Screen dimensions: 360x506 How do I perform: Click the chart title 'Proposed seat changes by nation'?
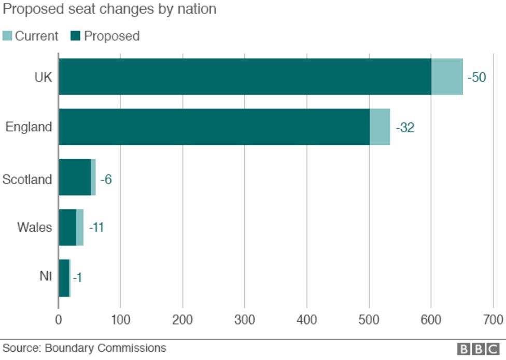tap(109, 9)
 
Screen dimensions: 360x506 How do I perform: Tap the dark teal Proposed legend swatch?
tap(76, 36)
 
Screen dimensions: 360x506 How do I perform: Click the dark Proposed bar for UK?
tap(245, 76)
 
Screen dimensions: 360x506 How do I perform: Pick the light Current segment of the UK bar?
tap(447, 76)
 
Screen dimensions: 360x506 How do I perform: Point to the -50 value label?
tap(476, 78)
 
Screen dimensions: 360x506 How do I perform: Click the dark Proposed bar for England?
tap(214, 127)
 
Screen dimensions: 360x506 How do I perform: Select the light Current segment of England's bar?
tap(379, 127)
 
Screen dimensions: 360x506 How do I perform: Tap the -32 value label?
tap(405, 128)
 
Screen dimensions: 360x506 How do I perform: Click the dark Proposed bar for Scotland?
tap(75, 177)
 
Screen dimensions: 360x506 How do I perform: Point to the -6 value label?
tap(106, 180)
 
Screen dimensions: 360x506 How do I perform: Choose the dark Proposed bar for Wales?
tap(67, 227)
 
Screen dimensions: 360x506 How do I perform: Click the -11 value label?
tap(96, 228)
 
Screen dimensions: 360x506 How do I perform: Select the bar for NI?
tap(64, 278)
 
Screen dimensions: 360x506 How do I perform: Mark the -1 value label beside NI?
tap(77, 278)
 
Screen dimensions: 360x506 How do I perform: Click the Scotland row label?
tap(27, 179)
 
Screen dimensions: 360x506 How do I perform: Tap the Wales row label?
tap(34, 227)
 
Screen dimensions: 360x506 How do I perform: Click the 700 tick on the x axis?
tap(493, 319)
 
